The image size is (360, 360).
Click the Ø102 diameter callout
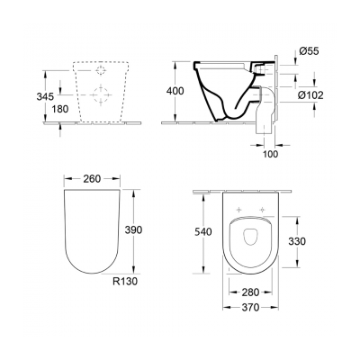pyautogui.click(x=311, y=94)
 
